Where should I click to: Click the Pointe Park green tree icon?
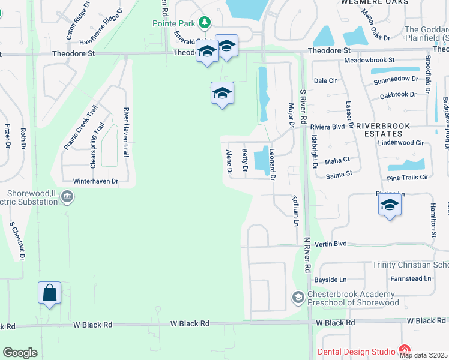click(x=205, y=23)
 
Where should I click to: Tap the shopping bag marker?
click(x=50, y=293)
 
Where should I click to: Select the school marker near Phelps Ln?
click(x=390, y=205)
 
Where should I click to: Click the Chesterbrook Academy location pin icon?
click(x=298, y=297)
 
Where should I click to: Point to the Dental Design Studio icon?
click(x=404, y=350)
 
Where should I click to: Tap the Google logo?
click(x=20, y=353)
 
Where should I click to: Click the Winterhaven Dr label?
click(x=93, y=180)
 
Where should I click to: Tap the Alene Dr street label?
click(x=229, y=162)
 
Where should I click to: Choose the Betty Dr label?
click(x=244, y=160)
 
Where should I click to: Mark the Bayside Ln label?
click(x=330, y=280)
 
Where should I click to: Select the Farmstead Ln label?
click(x=411, y=278)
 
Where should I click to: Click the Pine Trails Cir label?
click(x=408, y=177)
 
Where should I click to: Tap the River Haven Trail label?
click(x=127, y=132)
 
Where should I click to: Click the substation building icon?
click(x=67, y=196)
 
